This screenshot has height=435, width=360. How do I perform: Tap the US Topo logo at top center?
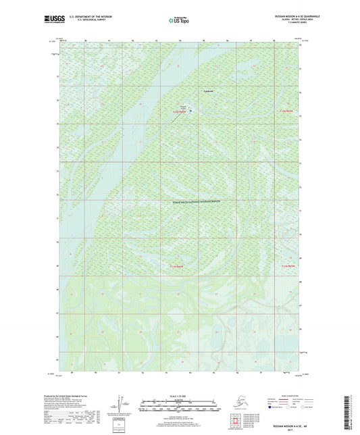tap(179, 21)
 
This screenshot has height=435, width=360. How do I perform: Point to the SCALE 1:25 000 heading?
tap(179, 386)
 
